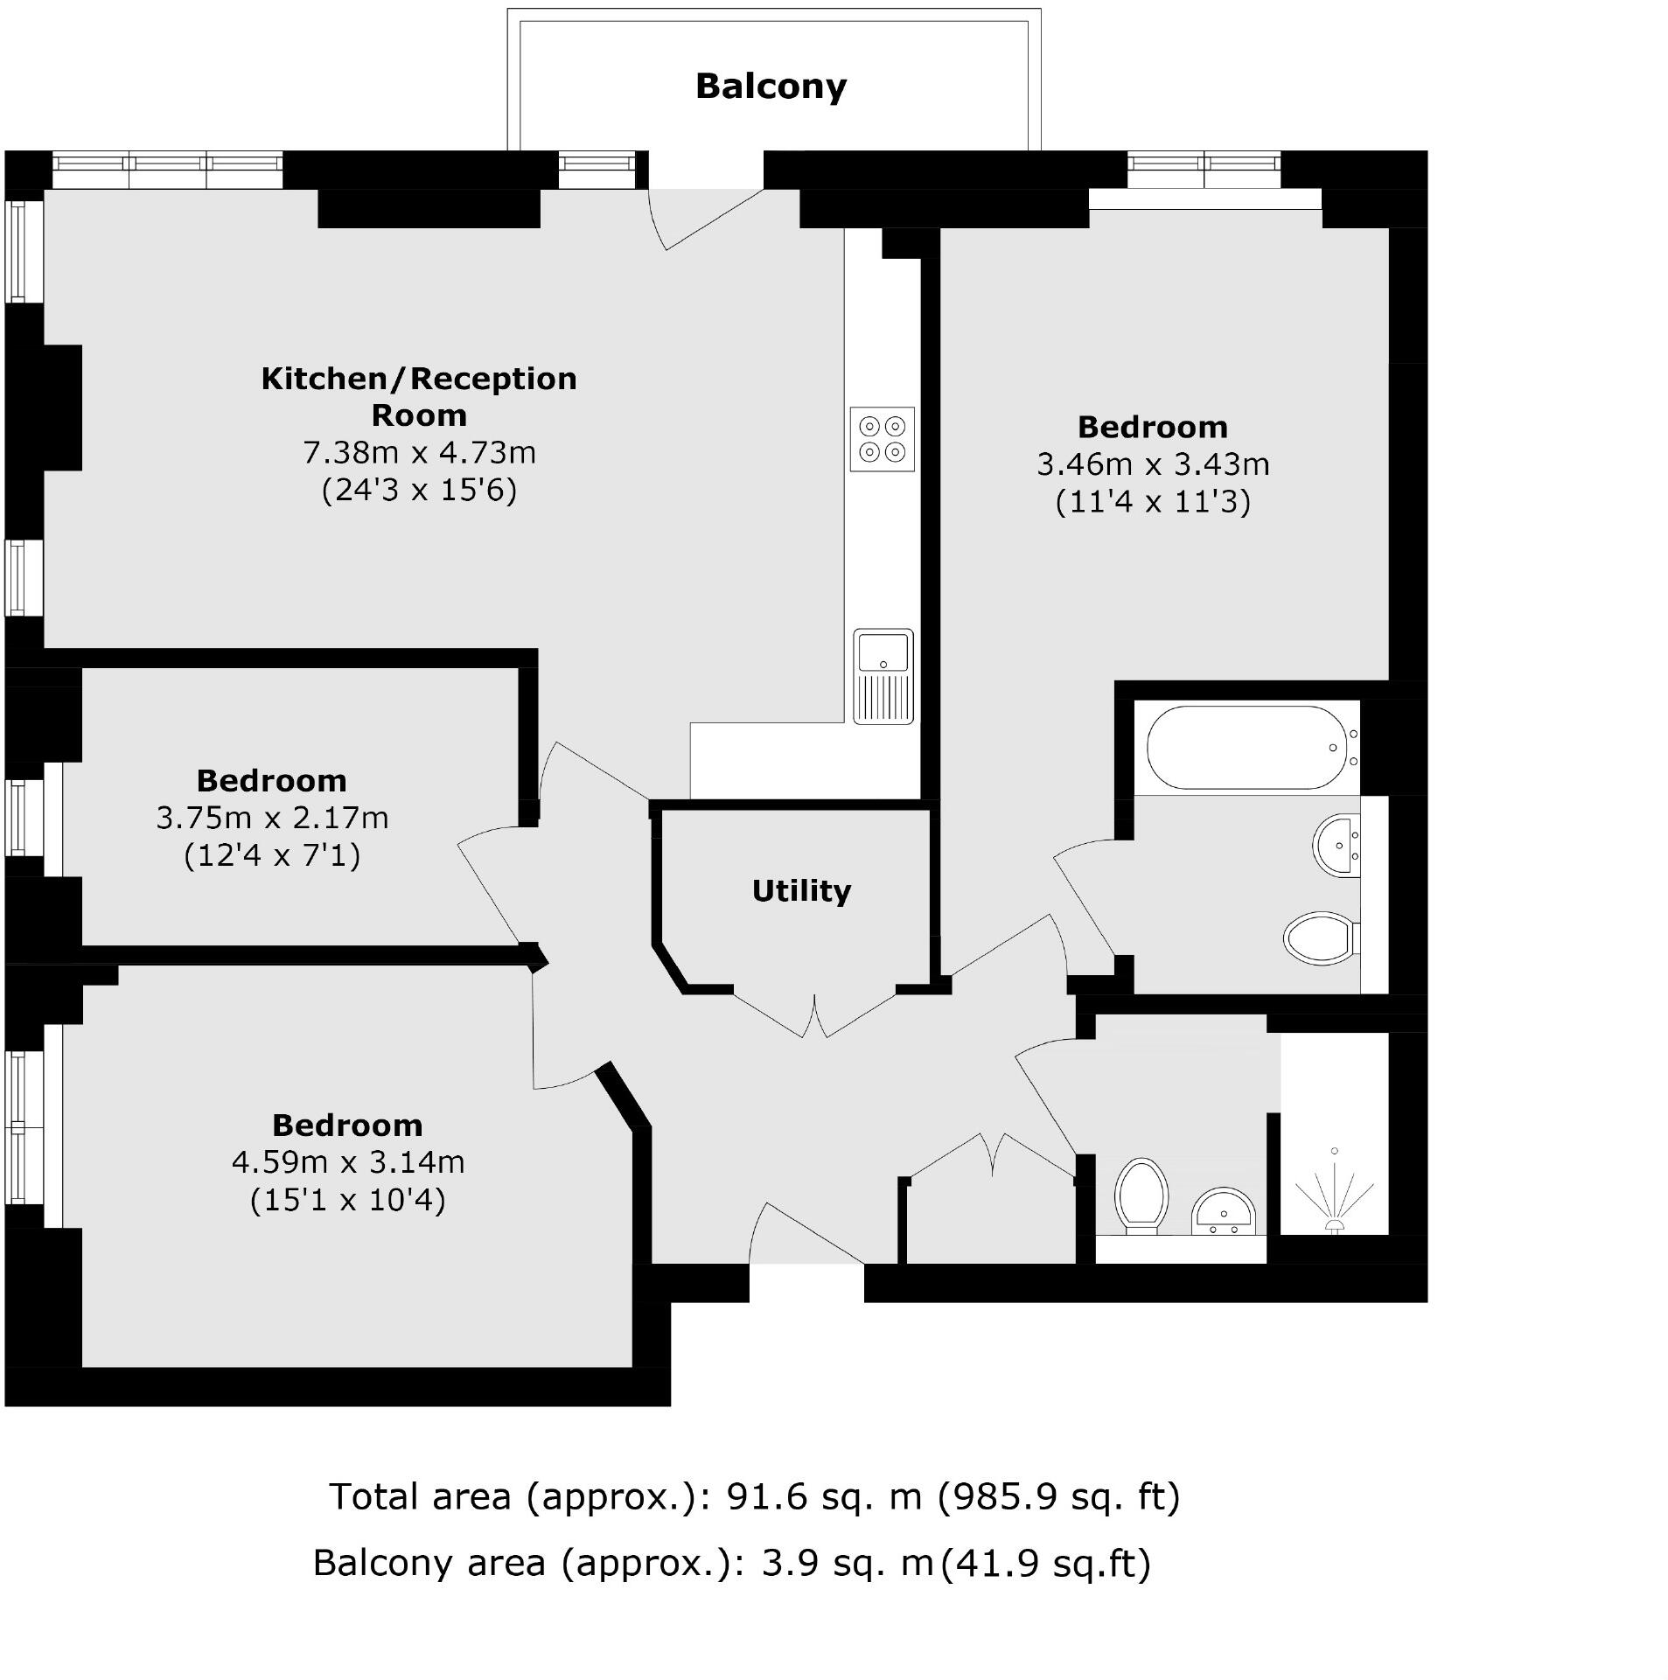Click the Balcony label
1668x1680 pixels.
click(770, 87)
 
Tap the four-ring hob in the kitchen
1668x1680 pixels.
click(881, 439)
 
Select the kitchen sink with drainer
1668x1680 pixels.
click(883, 675)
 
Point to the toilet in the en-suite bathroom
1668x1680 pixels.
click(1319, 938)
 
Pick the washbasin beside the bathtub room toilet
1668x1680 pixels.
click(1336, 846)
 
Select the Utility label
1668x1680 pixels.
click(800, 891)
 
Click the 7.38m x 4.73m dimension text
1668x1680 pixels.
click(419, 452)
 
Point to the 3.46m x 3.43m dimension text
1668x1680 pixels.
click(1152, 464)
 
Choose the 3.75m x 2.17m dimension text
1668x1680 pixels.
click(272, 818)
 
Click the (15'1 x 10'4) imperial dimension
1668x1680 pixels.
click(347, 1199)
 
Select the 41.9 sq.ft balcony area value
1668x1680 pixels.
click(1045, 1562)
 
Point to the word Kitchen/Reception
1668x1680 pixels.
click(419, 379)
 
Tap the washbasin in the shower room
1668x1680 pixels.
click(1223, 1212)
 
